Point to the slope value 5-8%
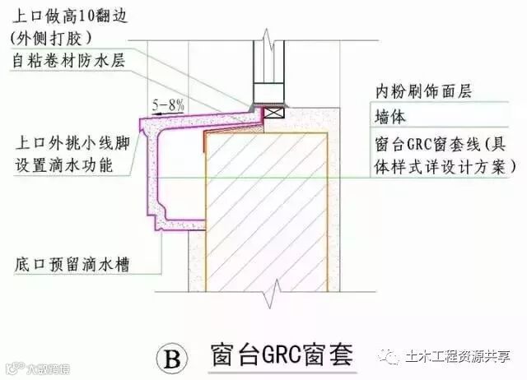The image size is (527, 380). click(169, 105)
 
